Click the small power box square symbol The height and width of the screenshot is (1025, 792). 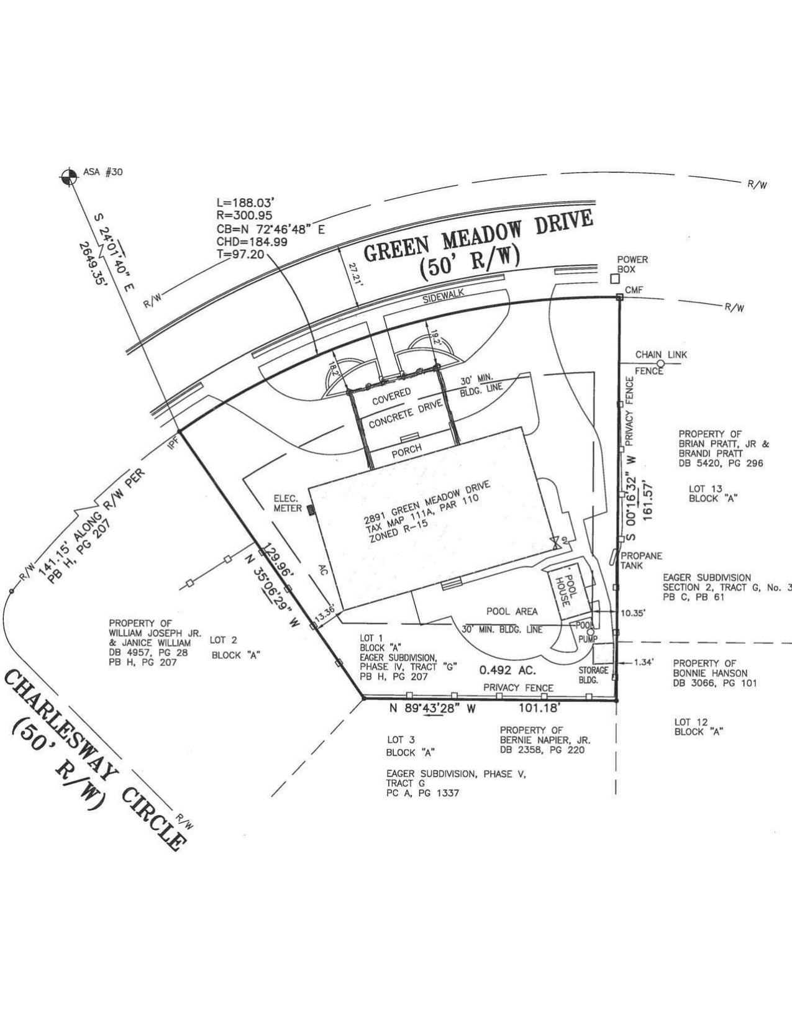(614, 279)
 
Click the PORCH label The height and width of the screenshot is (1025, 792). (407, 450)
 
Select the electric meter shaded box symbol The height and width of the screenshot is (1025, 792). (311, 509)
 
